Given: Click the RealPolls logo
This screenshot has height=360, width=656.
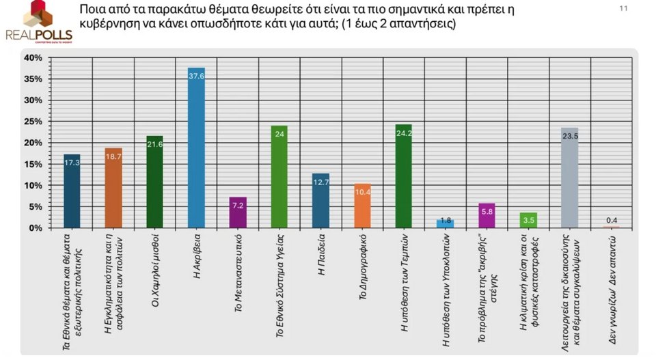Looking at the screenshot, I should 38,23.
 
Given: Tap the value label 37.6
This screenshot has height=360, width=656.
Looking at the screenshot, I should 197,77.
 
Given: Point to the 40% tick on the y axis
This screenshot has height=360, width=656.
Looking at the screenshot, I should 33,58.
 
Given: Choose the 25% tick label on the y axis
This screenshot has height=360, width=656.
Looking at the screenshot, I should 33,122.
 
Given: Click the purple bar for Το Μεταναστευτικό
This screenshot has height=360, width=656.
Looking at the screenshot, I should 238,212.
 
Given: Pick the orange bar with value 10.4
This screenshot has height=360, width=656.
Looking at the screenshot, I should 363,206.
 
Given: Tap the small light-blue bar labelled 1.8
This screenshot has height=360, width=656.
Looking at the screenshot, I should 446,223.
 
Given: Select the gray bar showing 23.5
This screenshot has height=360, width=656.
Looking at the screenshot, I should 570,178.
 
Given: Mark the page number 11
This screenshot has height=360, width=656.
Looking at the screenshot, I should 623,9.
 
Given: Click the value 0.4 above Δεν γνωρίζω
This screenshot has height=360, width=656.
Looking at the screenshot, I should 612,220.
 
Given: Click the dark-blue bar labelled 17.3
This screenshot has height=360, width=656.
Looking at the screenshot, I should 72,191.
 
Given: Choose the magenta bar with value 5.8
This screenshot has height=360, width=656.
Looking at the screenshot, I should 487,215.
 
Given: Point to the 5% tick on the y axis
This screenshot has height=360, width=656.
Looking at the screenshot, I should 33,207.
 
